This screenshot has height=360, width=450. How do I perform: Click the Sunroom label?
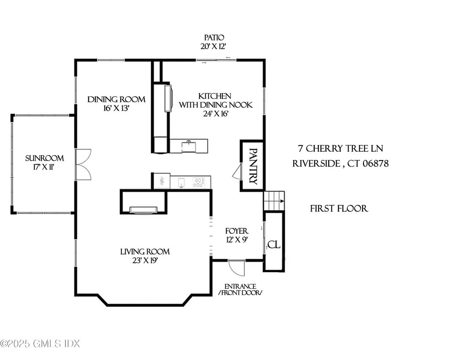(x=44, y=158)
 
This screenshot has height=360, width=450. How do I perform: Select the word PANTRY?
(x=253, y=166)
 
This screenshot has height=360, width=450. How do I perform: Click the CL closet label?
(x=274, y=245)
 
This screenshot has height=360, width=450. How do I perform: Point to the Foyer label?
(x=237, y=231)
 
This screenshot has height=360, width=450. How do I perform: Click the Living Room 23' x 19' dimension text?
(x=145, y=260)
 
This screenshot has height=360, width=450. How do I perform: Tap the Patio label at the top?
(x=213, y=38)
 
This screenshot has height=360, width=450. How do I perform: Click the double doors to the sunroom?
(x=83, y=164)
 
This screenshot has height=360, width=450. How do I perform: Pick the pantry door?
(x=237, y=171)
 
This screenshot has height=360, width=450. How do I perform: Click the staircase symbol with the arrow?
(x=274, y=201)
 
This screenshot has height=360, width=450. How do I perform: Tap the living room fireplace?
(x=144, y=210)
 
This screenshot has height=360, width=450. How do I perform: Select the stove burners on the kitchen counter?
(x=199, y=182)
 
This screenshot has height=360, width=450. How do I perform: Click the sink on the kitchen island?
(x=189, y=143)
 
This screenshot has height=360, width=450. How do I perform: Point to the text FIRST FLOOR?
(x=339, y=208)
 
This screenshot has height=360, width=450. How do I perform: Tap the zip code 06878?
(x=374, y=164)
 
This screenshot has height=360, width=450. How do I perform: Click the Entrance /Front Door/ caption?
(x=240, y=290)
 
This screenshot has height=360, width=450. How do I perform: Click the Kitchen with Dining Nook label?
(x=215, y=100)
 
